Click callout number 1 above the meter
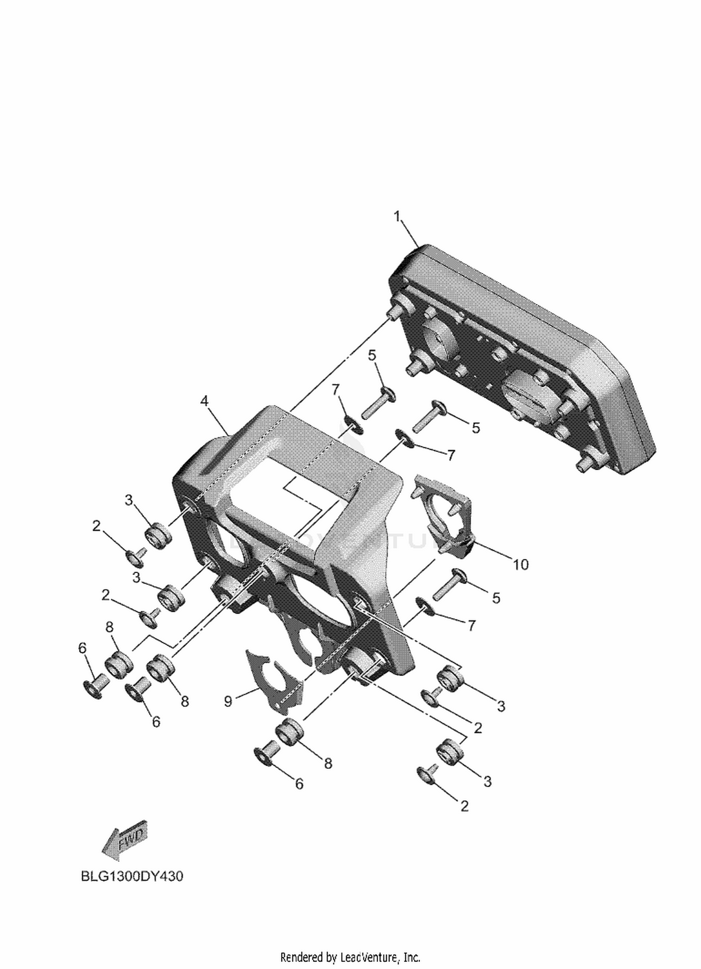(x=397, y=217)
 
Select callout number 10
(x=521, y=565)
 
